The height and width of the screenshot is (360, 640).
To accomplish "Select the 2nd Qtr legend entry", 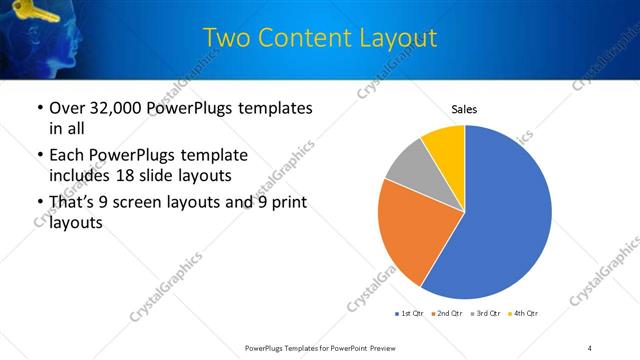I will [446, 314].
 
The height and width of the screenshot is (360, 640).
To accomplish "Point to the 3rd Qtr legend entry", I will [485, 314].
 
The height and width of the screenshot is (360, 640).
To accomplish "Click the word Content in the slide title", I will [304, 38].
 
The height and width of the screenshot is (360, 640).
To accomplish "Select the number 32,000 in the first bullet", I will [115, 108].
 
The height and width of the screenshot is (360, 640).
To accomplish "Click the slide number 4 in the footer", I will [589, 348].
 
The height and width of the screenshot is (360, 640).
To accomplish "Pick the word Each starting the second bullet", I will [66, 156].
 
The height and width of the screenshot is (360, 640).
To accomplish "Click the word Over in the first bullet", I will [66, 108].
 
